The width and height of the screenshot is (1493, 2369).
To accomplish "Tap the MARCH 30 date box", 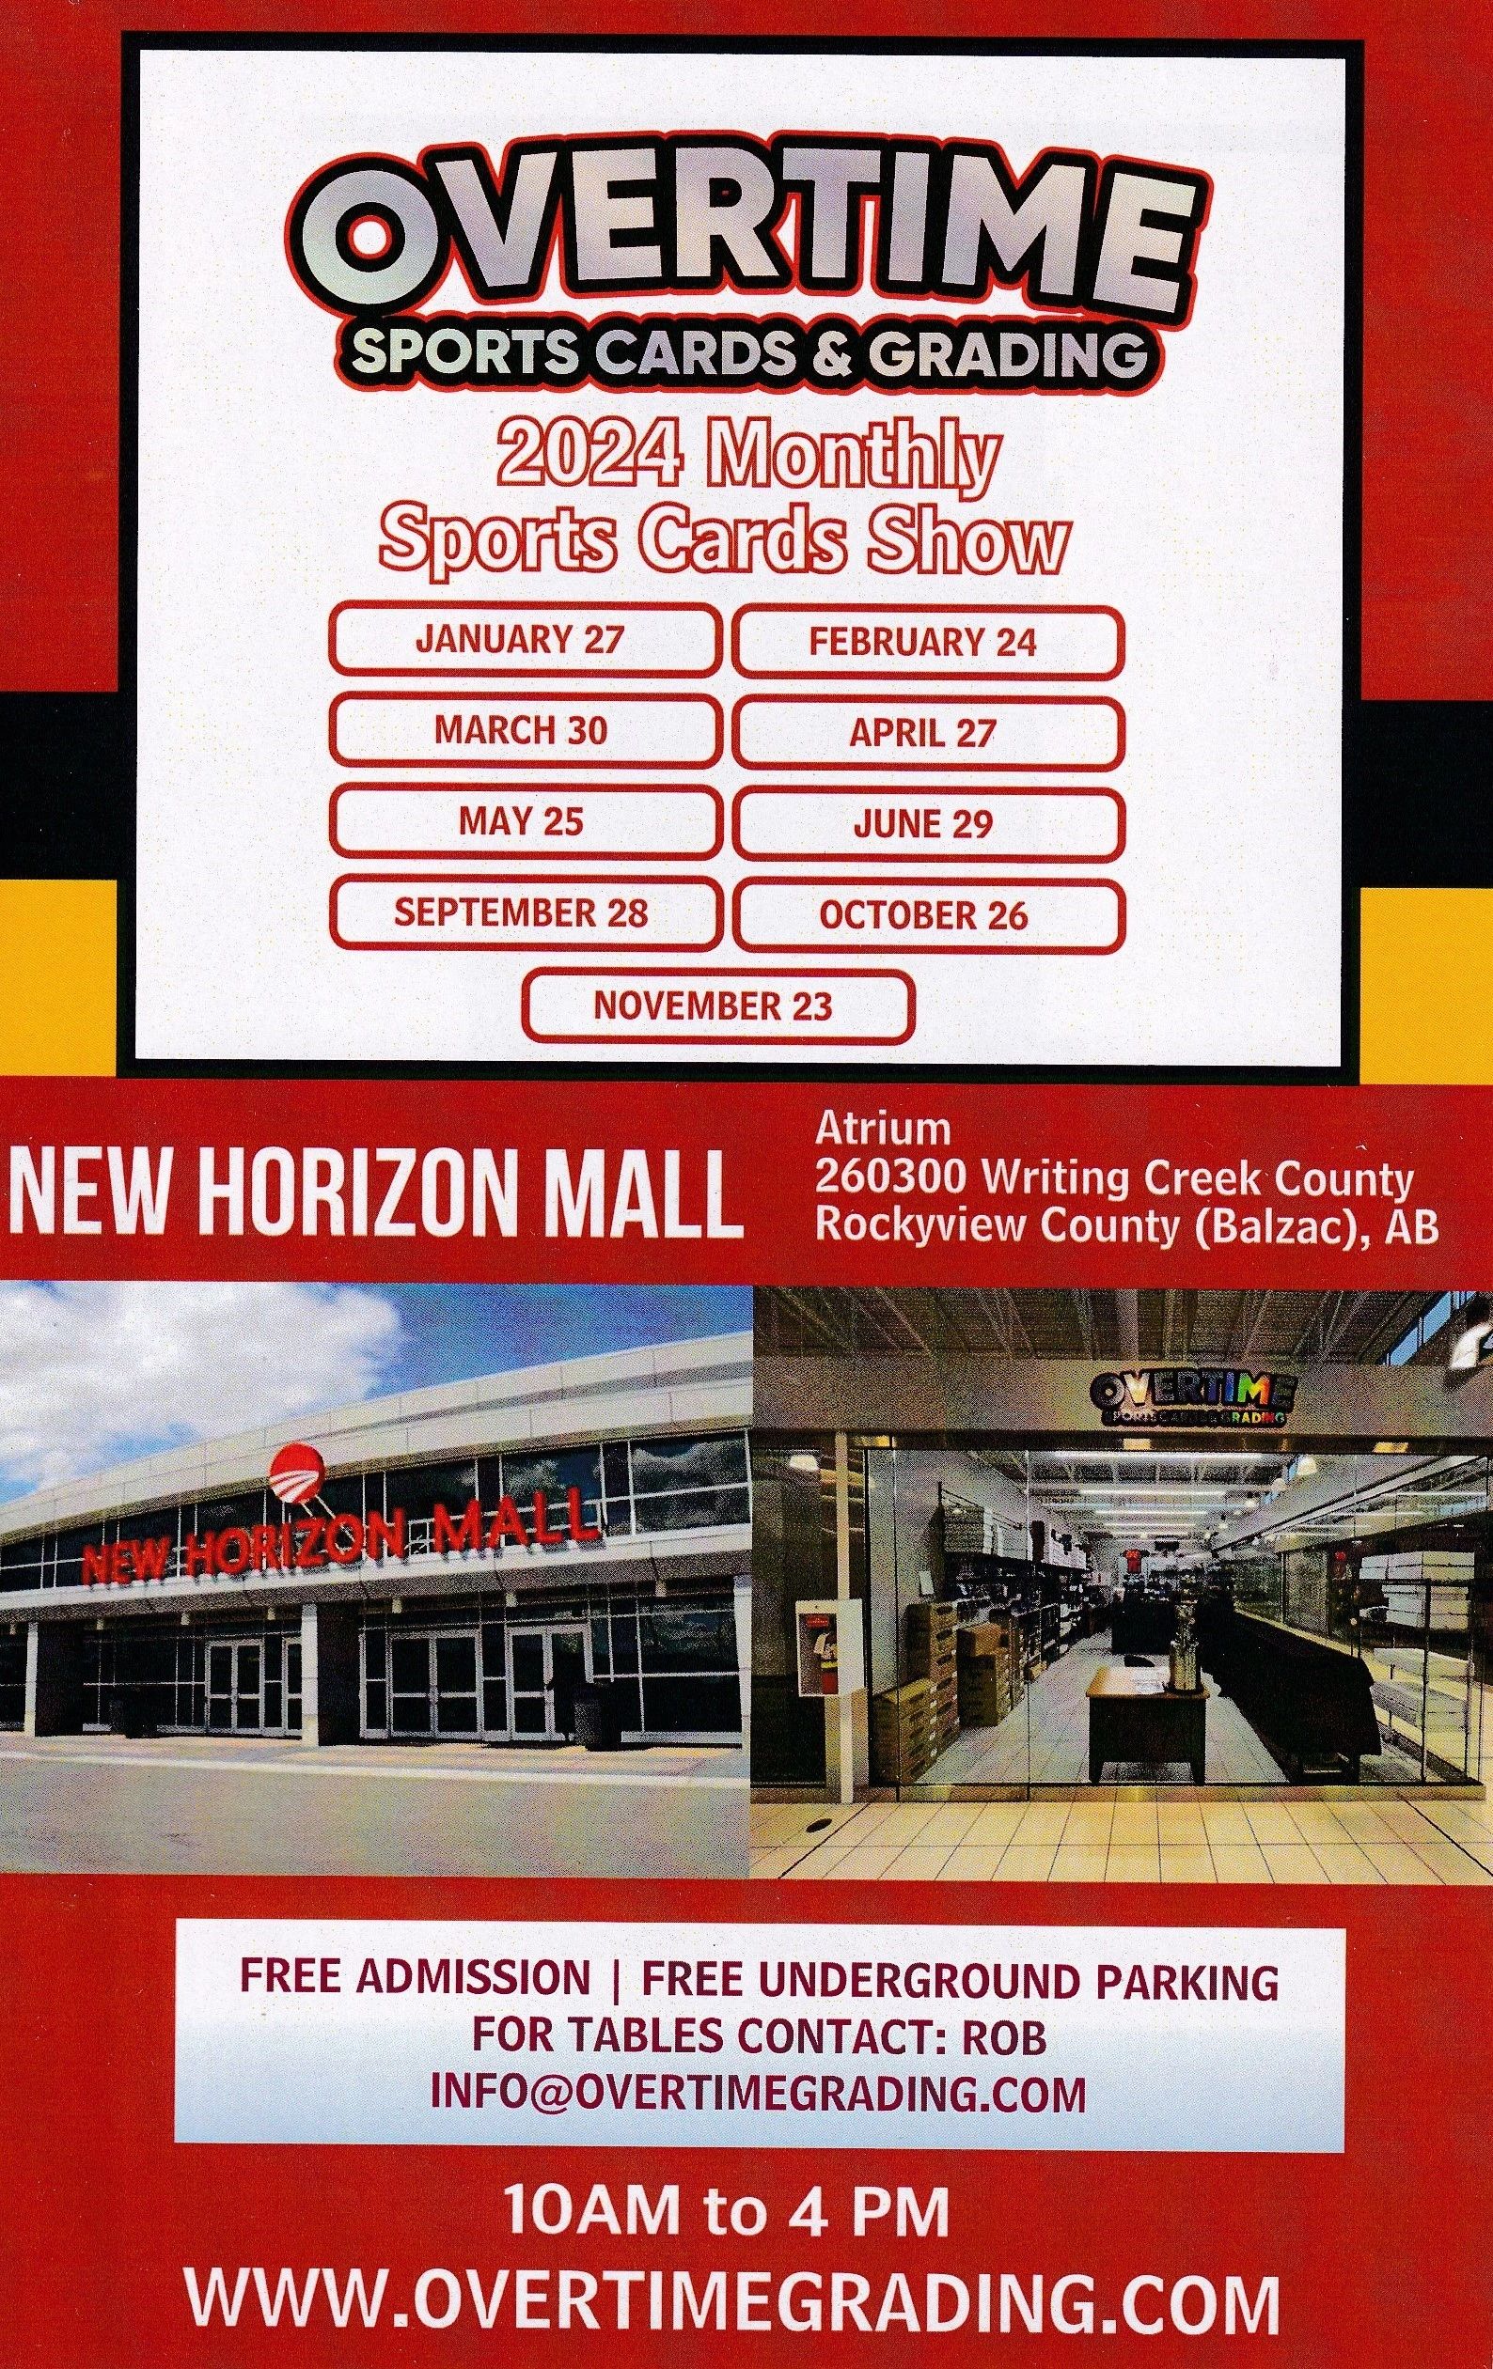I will tap(522, 731).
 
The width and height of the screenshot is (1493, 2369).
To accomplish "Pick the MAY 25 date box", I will tap(522, 821).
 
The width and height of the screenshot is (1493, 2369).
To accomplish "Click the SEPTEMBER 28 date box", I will tap(522, 913).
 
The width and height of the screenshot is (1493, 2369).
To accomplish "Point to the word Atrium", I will tap(883, 1130).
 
